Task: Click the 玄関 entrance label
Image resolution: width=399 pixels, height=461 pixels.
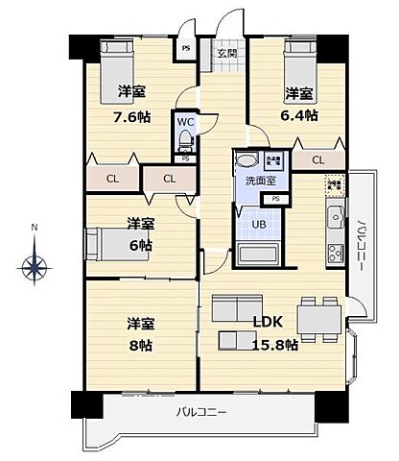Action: (x=226, y=54)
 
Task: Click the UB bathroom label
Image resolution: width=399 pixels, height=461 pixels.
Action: (x=259, y=225)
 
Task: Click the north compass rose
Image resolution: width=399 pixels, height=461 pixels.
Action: (x=35, y=265)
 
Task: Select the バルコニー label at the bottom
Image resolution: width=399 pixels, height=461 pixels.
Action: (x=199, y=412)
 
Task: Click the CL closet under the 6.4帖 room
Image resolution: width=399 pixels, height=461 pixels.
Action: (x=316, y=159)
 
